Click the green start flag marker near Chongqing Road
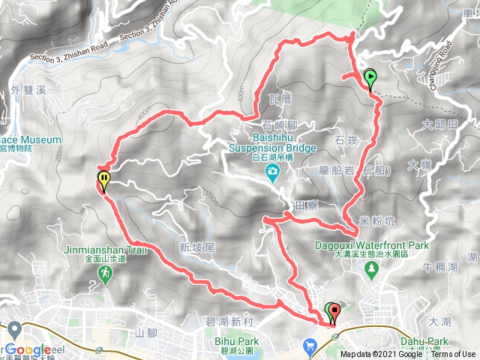[x=370, y=77]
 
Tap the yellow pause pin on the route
[x=103, y=180]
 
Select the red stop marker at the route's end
[x=334, y=310]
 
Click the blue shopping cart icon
[x=310, y=346]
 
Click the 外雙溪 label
[x=29, y=91]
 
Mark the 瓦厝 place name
[x=279, y=99]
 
